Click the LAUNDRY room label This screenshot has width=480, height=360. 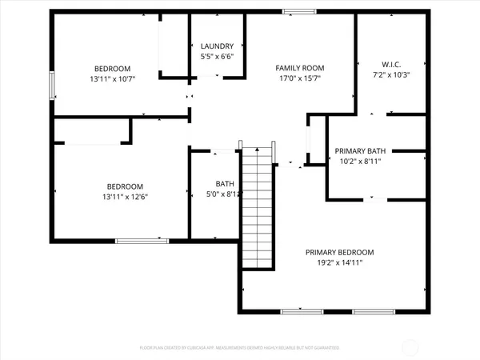217,46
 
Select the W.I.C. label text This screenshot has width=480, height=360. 380,64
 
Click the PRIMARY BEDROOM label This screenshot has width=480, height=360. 340,252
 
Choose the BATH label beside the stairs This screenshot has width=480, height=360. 225,183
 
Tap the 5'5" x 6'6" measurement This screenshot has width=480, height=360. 217,57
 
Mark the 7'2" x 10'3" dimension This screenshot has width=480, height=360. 380,74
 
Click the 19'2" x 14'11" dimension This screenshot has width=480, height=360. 340,262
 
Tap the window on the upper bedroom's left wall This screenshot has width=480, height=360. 53,86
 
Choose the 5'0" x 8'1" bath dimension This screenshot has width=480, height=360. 225,194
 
